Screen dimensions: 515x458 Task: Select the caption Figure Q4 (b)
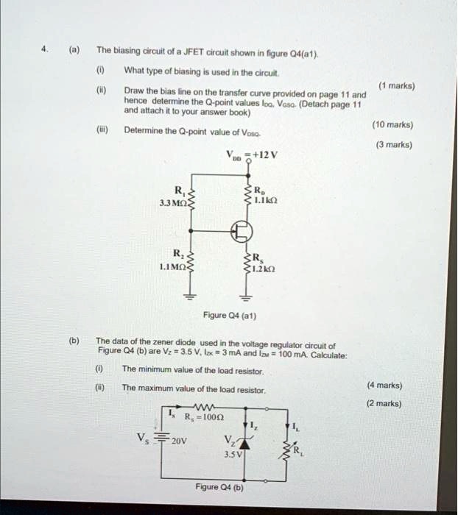tap(219, 487)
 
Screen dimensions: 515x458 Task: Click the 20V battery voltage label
tap(179, 442)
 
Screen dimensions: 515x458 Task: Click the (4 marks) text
tap(384, 385)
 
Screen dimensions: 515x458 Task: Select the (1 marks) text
tap(395, 85)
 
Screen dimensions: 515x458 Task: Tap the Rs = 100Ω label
tap(206, 417)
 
